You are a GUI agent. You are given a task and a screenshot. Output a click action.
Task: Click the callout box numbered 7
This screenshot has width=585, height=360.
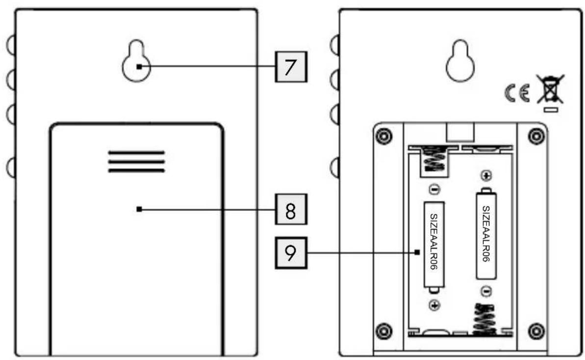291,67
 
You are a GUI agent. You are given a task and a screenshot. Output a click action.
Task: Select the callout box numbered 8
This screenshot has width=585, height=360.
291,209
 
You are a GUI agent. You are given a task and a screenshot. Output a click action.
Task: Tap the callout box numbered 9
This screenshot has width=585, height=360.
291,253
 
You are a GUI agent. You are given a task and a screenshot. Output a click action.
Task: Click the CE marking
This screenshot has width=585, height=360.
517,93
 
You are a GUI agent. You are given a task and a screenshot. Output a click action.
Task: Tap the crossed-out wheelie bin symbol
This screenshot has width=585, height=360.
550,93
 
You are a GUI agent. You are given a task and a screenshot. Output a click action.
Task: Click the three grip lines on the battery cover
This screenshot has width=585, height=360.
136,161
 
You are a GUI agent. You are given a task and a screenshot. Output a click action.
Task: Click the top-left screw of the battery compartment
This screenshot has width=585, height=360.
384,136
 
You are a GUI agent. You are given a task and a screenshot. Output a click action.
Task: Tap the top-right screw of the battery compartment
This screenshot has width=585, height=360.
536,136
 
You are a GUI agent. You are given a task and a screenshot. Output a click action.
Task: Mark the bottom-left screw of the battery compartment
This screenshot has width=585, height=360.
384,331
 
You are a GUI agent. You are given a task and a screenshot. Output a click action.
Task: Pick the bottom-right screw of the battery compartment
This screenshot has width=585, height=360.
536,331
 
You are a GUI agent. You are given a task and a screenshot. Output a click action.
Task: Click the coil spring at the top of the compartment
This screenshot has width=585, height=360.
434,158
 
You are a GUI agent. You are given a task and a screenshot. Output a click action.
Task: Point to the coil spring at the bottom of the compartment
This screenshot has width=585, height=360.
484,319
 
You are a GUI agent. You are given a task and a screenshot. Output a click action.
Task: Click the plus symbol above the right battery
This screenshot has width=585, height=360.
486,175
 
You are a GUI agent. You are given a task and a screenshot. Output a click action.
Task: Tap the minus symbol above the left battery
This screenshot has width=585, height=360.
434,190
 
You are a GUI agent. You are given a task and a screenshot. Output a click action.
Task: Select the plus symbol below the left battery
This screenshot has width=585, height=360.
434,306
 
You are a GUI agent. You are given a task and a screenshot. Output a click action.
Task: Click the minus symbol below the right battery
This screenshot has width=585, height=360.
486,291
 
